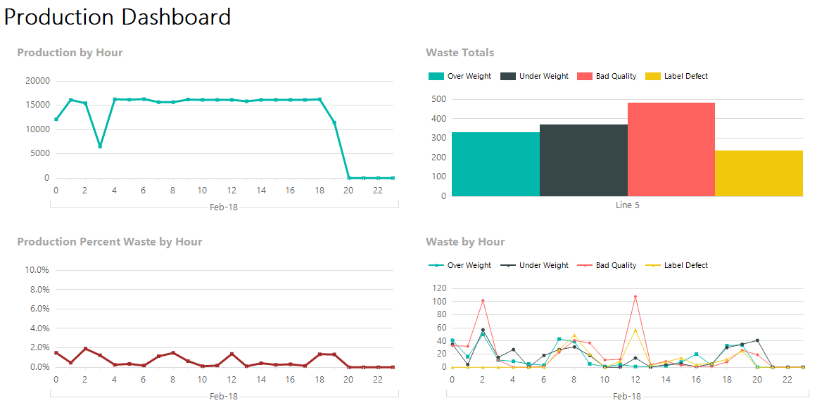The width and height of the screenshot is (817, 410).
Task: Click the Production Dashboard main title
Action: pyautogui.click(x=118, y=17)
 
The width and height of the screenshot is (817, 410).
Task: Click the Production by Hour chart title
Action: pyautogui.click(x=70, y=53)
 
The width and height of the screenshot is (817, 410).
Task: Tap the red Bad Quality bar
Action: pyautogui.click(x=671, y=149)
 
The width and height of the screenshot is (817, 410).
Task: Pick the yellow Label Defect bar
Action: pyautogui.click(x=759, y=173)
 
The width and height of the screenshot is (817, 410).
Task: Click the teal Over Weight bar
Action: pyautogui.click(x=495, y=164)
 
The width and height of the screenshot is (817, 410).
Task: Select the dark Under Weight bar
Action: pyautogui.click(x=583, y=160)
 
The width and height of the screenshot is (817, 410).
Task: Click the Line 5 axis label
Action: pyautogui.click(x=627, y=205)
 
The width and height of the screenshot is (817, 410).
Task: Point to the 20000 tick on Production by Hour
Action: pyautogui.click(x=37, y=81)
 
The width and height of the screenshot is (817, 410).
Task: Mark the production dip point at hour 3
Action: pyautogui.click(x=100, y=146)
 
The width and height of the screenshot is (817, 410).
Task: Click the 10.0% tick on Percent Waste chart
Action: pyautogui.click(x=37, y=270)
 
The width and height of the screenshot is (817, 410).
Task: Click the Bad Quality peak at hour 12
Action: pyautogui.click(x=635, y=297)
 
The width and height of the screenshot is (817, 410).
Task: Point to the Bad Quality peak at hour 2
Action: pyautogui.click(x=482, y=300)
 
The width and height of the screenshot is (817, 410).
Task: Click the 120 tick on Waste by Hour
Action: pyautogui.click(x=439, y=288)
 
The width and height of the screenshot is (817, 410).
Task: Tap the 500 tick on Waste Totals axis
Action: pyautogui.click(x=439, y=99)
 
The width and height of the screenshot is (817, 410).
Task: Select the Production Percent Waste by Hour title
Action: pyautogui.click(x=109, y=242)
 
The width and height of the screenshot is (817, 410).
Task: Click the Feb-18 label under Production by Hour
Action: pyautogui.click(x=224, y=207)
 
